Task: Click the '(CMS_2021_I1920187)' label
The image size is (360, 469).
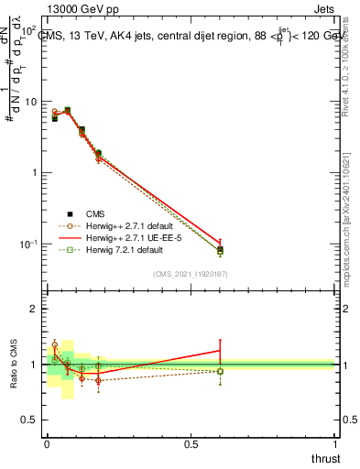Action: pyautogui.click(x=191, y=274)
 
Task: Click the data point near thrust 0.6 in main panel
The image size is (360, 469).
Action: pyautogui.click(x=220, y=250)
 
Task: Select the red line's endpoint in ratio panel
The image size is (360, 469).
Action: pyautogui.click(x=220, y=350)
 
